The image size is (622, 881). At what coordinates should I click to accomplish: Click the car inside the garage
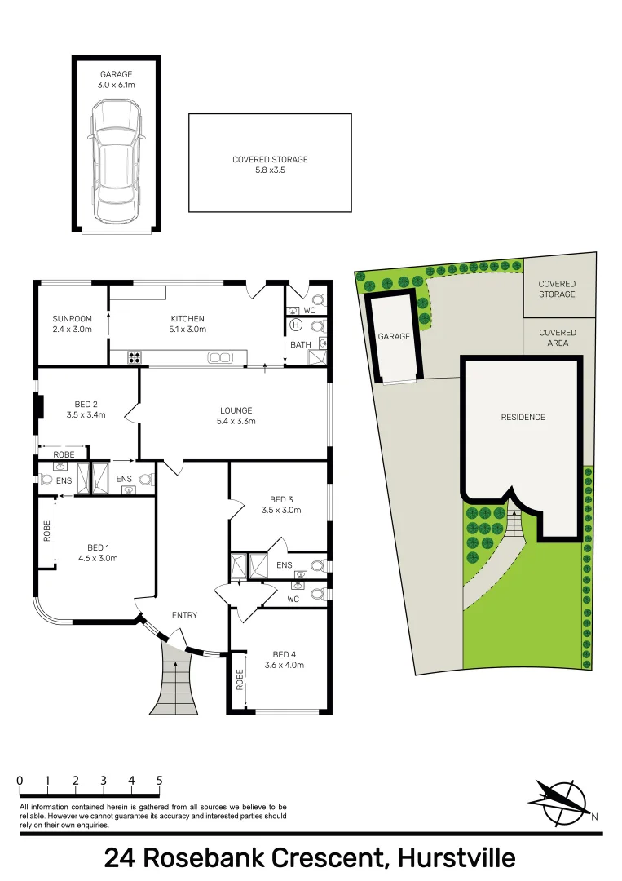click(x=116, y=161)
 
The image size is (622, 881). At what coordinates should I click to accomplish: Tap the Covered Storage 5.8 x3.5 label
click(x=270, y=165)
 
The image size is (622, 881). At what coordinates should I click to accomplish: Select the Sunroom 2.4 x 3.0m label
click(x=72, y=324)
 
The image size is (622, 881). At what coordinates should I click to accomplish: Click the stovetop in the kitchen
click(x=134, y=356)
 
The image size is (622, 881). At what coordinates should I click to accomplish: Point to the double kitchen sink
click(x=220, y=356)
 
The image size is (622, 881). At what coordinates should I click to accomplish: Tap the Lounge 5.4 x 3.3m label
click(x=236, y=416)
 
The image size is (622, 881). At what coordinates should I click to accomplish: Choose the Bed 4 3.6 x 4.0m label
click(x=284, y=659)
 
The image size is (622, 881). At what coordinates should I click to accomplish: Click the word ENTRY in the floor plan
click(x=184, y=615)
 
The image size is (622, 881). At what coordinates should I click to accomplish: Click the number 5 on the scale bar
click(x=159, y=781)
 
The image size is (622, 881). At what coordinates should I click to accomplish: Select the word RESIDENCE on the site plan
click(x=523, y=417)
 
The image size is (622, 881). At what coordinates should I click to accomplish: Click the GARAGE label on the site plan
click(x=393, y=336)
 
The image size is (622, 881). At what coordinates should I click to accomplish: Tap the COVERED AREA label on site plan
click(x=558, y=338)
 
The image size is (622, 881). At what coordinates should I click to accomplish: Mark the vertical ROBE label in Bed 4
click(x=240, y=679)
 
